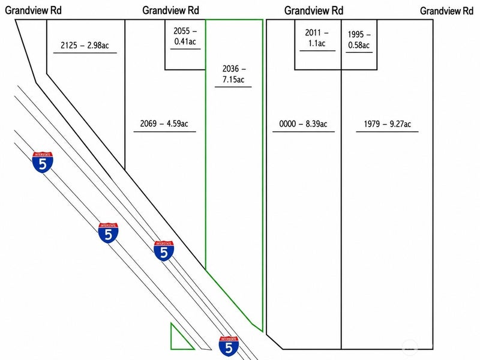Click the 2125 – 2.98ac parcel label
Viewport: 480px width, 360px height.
pyautogui.click(x=85, y=46)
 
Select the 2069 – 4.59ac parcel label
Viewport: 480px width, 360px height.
pyautogui.click(x=164, y=124)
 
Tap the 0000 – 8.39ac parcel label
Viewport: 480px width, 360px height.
pyautogui.click(x=303, y=124)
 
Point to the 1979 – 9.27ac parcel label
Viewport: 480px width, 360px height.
pyautogui.click(x=387, y=124)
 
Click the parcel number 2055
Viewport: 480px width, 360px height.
pyautogui.click(x=182, y=31)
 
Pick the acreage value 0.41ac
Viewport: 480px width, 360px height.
pyautogui.click(x=185, y=41)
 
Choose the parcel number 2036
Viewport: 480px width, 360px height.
pyautogui.click(x=230, y=69)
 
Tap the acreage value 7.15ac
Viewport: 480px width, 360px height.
pyautogui.click(x=233, y=80)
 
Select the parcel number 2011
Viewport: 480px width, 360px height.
pyautogui.click(x=313, y=32)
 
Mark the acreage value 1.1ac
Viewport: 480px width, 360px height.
pyautogui.click(x=317, y=43)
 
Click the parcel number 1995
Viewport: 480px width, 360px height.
pyautogui.click(x=356, y=34)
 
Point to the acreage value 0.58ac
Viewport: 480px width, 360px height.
pyautogui.click(x=359, y=45)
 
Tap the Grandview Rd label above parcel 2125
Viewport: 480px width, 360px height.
pyautogui.click(x=34, y=10)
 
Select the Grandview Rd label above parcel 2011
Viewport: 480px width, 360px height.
pyautogui.click(x=314, y=10)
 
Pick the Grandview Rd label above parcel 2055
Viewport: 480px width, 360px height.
pyautogui.click(x=171, y=10)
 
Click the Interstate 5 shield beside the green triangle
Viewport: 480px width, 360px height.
pyautogui.click(x=229, y=346)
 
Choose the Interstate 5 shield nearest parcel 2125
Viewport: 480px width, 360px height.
pyautogui.click(x=43, y=162)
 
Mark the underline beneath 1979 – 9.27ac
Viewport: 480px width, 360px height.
pyautogui.click(x=387, y=131)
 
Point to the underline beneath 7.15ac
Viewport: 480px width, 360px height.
pyautogui.click(x=233, y=87)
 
